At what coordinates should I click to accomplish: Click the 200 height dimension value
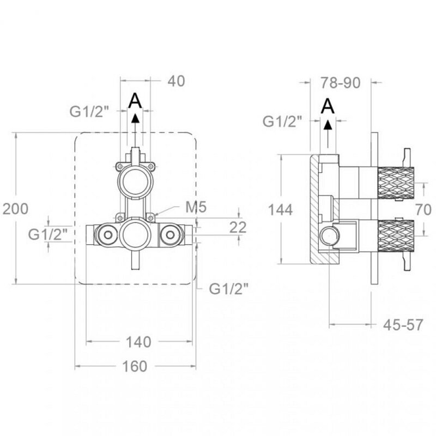click(x=15, y=209)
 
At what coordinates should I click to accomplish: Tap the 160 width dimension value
click(x=135, y=366)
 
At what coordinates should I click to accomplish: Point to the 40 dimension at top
click(x=177, y=81)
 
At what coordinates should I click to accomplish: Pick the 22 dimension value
click(x=238, y=227)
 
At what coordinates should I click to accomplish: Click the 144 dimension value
click(x=281, y=209)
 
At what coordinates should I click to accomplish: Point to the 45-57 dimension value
click(x=404, y=325)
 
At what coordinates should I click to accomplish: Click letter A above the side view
click(x=328, y=105)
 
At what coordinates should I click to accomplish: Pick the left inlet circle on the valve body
click(x=105, y=235)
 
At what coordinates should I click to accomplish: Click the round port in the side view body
click(x=330, y=236)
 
